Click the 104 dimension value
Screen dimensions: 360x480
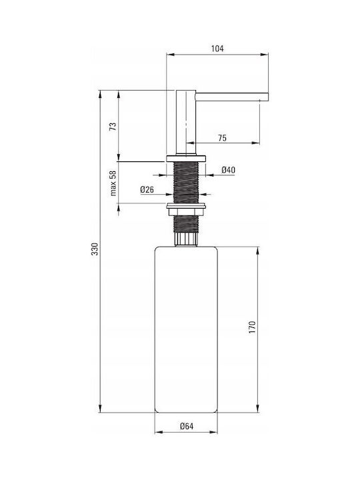click(x=217, y=49)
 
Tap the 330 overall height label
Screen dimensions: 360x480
click(x=95, y=249)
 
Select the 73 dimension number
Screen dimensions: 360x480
click(x=113, y=127)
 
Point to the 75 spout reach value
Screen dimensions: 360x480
click(x=223, y=138)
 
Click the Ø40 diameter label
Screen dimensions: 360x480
click(x=229, y=170)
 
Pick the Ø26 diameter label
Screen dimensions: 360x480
click(x=147, y=190)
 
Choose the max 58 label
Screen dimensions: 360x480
click(x=113, y=183)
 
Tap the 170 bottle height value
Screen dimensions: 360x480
click(x=252, y=327)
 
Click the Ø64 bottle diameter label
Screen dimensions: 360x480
click(x=187, y=426)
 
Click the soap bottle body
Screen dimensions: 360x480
click(x=186, y=329)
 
